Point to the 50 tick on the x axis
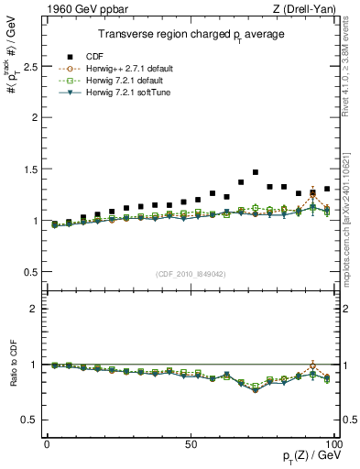click(191, 443)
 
